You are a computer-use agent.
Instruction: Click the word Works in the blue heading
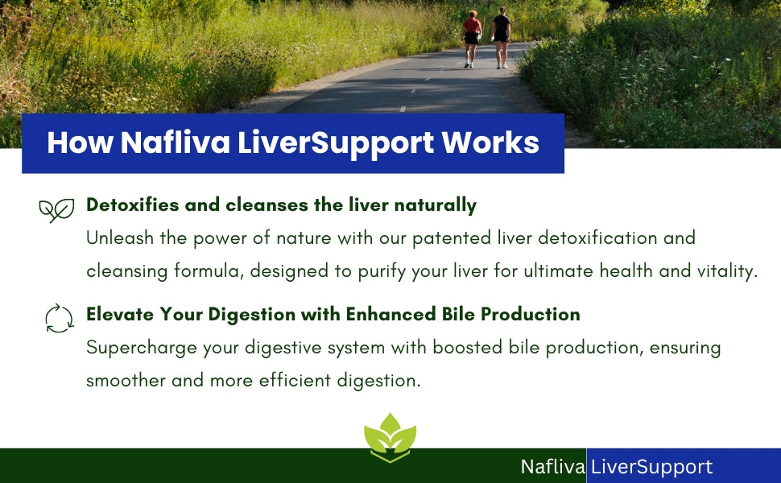pos(490,143)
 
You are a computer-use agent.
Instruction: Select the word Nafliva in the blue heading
pos(176,143)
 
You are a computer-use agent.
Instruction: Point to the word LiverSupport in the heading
pos(336,144)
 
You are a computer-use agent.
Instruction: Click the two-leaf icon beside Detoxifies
pos(56,210)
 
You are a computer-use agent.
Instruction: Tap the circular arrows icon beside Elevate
pos(60,318)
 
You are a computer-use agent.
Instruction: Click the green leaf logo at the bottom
pos(390,437)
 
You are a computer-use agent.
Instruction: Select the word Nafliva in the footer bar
pos(552,467)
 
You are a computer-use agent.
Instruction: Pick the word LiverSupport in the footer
pos(651,468)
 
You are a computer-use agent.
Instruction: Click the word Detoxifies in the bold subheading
pos(133,204)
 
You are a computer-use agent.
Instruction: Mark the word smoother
pos(126,381)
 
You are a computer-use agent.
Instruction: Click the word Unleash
pos(120,238)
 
